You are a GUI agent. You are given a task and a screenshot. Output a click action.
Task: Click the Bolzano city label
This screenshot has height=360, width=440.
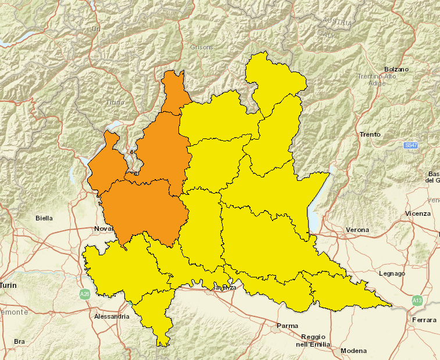[396, 69]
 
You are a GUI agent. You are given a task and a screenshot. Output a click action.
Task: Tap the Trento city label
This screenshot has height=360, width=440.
[370, 134]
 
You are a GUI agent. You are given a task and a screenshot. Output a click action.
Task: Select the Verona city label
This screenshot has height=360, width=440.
[357, 230]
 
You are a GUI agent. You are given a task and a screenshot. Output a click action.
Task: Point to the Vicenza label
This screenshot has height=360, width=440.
[418, 213]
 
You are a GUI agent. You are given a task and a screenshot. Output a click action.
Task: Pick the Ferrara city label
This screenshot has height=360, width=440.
[424, 320]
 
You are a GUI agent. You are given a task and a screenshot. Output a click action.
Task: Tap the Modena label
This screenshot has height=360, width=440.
[354, 351]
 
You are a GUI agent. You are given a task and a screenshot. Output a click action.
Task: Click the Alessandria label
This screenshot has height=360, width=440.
[111, 316]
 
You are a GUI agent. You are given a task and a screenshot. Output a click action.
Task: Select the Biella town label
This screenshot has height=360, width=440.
[44, 218]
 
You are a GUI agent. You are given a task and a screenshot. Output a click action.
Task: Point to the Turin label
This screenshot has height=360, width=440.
[8, 285]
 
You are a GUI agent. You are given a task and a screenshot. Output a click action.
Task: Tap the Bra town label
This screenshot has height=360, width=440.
[19, 341]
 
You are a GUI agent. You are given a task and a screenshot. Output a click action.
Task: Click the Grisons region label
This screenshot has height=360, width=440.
[201, 47]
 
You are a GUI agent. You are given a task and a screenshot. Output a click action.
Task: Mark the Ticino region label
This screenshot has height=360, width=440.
[115, 102]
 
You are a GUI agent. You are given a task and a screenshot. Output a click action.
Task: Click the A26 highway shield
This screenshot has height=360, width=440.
[85, 294]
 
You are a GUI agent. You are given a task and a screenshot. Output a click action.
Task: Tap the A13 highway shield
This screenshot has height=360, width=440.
[417, 300]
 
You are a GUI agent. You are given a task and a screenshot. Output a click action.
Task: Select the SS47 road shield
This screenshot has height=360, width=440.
[411, 144]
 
